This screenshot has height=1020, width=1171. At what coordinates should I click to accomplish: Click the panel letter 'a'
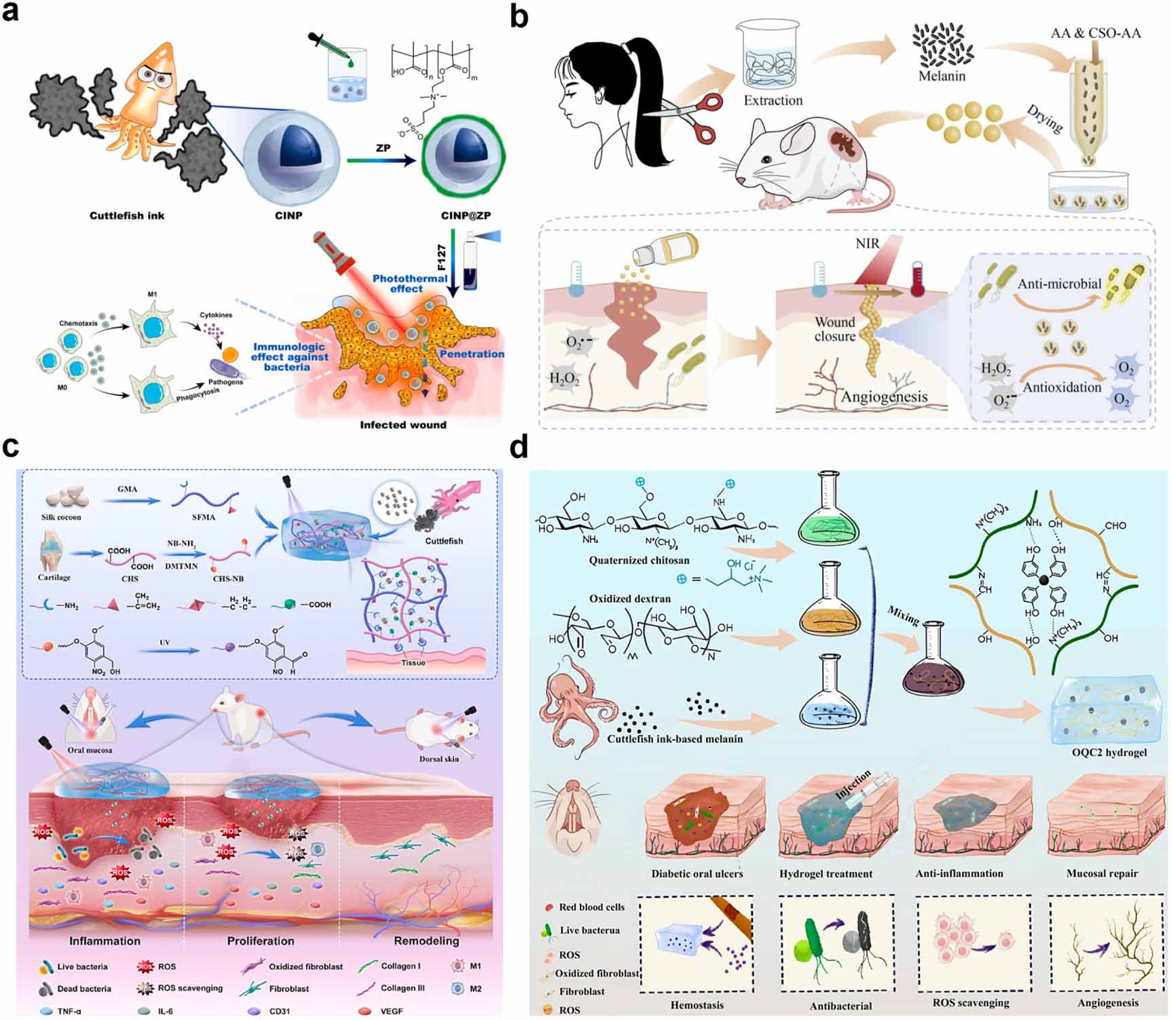click(11, 12)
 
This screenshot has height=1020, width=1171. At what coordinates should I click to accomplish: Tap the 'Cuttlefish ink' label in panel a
click(127, 215)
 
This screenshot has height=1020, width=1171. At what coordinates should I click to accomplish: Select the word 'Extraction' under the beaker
click(773, 100)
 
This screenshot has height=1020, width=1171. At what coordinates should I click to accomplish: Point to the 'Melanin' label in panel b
click(942, 76)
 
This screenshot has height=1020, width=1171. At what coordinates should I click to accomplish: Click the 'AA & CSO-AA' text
click(1096, 33)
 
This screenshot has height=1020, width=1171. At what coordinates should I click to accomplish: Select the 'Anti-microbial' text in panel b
click(1059, 284)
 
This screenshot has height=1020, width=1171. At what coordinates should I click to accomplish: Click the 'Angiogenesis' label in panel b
click(884, 396)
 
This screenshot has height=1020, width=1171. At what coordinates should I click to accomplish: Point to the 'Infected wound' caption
click(403, 425)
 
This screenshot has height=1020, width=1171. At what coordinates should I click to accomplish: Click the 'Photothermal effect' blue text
click(409, 284)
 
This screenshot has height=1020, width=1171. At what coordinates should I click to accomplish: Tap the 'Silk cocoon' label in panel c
click(61, 517)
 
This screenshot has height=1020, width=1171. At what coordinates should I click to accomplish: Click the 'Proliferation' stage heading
click(261, 941)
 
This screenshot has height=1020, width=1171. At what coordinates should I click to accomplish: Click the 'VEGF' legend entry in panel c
click(391, 1011)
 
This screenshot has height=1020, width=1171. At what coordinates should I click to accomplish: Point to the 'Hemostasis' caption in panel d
click(696, 1005)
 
